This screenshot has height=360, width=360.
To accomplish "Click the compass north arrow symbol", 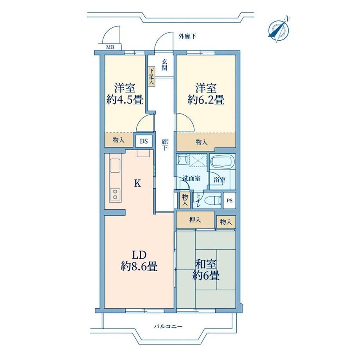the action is pyautogui.click(x=279, y=29).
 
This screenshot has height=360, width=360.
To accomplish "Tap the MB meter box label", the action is pyautogui.click(x=110, y=47).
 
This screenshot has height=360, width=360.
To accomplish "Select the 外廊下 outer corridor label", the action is pyautogui.click(x=187, y=36).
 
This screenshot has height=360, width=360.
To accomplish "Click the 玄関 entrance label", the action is pyautogui.click(x=164, y=65).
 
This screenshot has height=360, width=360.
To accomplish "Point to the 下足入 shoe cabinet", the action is pyautogui.click(x=151, y=76).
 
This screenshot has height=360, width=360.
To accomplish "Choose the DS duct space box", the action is pyautogui.click(x=144, y=141).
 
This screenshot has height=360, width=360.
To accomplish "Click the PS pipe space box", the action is pyautogui.click(x=229, y=200).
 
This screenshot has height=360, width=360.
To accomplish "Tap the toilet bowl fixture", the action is pyautogui.click(x=212, y=200).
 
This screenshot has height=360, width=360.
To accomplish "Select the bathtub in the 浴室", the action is pyautogui.click(x=223, y=162).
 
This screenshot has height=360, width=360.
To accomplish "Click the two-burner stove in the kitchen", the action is pyautogui.click(x=115, y=194).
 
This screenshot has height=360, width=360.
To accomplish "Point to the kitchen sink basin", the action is pyautogui.click(x=115, y=166).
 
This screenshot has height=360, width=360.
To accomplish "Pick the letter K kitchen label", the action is pyautogui.click(x=137, y=183).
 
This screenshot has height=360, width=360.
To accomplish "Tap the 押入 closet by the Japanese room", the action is pyautogui.click(x=195, y=220).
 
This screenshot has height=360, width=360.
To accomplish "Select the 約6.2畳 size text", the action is pyautogui.click(x=206, y=100).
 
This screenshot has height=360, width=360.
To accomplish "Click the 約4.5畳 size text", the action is pyautogui.click(x=125, y=100).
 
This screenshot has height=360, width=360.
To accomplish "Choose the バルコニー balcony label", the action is pyautogui.click(x=168, y=326).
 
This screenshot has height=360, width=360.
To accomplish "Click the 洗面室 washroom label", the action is pyautogui.click(x=191, y=178).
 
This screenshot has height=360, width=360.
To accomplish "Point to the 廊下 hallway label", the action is pyautogui.click(x=165, y=145).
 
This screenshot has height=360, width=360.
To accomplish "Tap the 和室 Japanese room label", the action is pyautogui.click(x=206, y=265).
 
